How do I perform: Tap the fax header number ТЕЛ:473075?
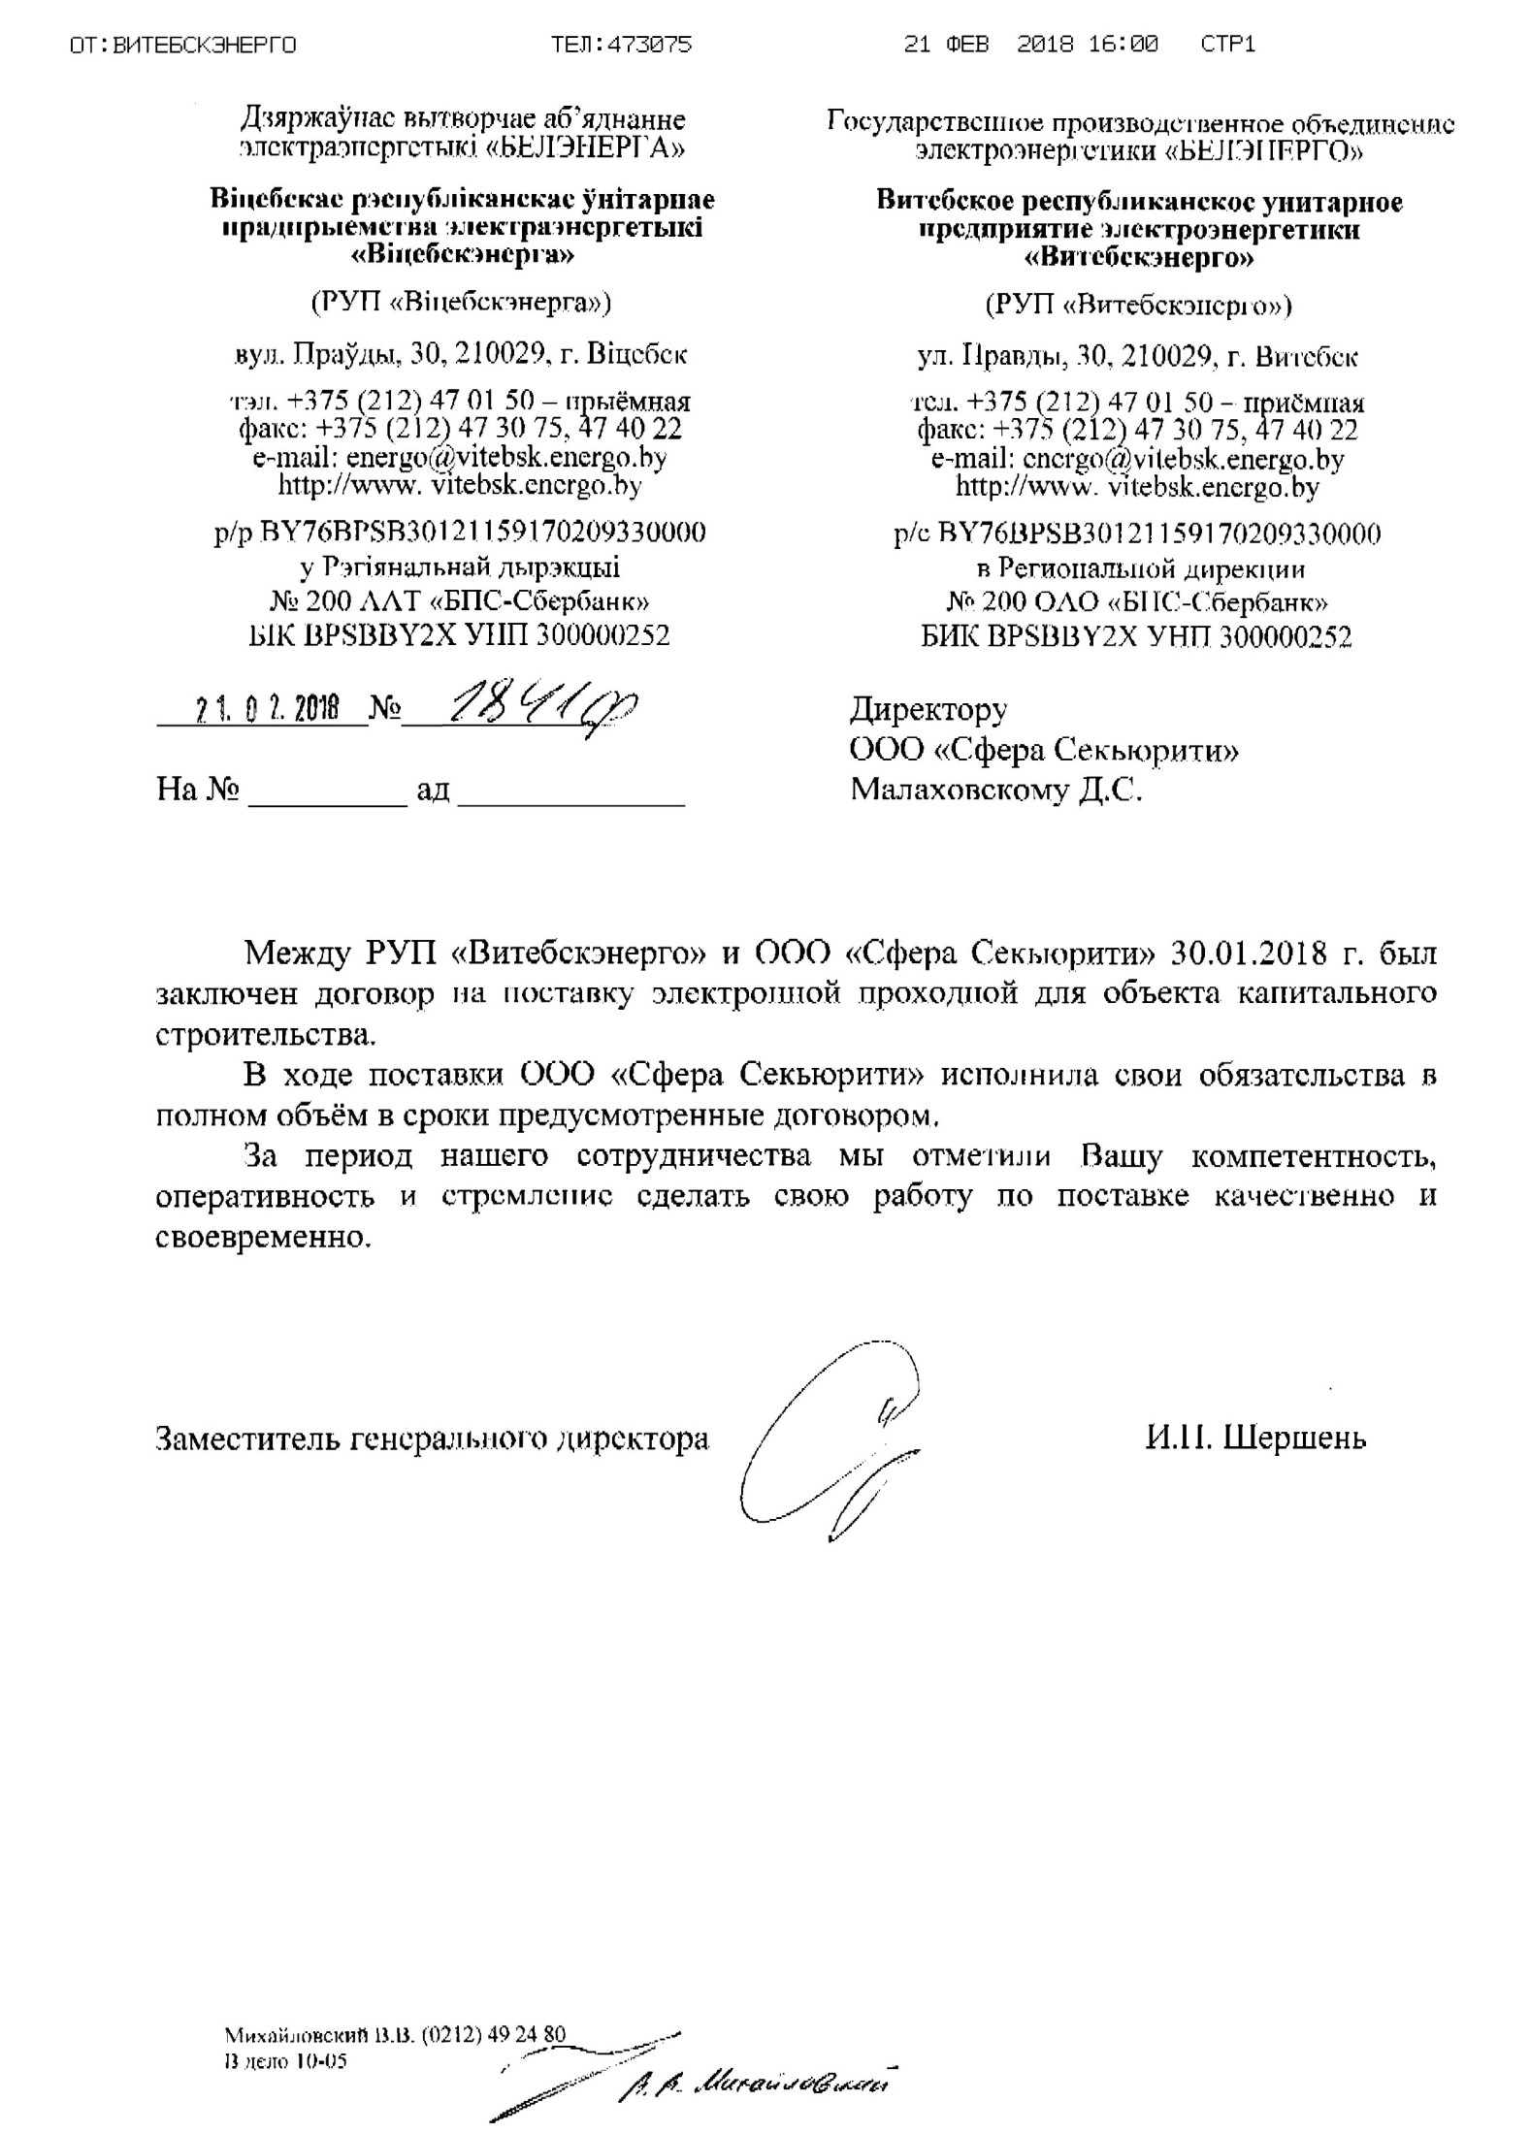click(621, 45)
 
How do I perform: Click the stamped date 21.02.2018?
click(267, 711)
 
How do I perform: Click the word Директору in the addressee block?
click(928, 710)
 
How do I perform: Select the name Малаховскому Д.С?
click(995, 791)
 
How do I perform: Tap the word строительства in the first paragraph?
click(264, 1035)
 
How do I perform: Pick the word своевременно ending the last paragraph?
click(263, 1238)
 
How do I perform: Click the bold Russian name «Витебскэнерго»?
click(1139, 258)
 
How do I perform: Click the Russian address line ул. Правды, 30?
click(1137, 357)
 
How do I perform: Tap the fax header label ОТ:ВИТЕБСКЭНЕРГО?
click(183, 45)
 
